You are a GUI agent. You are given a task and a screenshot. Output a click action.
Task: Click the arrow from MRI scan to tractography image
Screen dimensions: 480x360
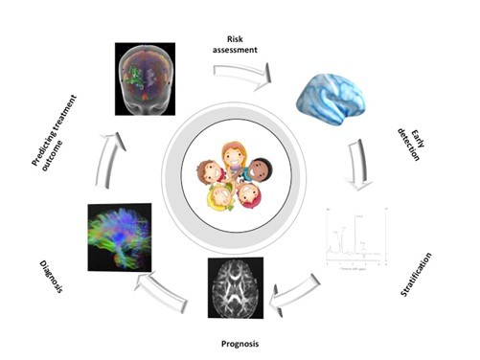[170, 286]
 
